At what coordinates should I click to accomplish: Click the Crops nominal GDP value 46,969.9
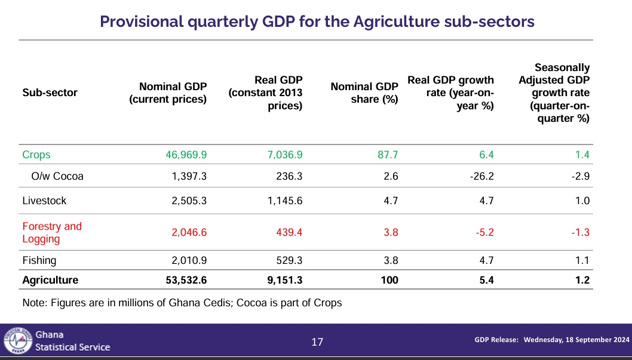coord(186,155)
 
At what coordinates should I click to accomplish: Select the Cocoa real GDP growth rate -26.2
coord(481,176)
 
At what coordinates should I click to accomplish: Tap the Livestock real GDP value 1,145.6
coord(285,201)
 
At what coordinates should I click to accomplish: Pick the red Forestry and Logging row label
coord(52,232)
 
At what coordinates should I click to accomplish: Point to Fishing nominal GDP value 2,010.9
coord(189,260)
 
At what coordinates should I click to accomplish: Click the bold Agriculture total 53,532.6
coord(186,280)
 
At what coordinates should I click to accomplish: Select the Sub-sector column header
coord(50,93)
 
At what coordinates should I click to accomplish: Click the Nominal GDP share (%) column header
coord(364,93)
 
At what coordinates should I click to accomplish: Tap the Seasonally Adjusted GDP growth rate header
coord(554,93)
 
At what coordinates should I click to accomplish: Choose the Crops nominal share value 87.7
coord(388,155)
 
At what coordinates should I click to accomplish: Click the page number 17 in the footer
coord(317,342)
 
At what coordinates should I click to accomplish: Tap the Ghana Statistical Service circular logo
coord(18,341)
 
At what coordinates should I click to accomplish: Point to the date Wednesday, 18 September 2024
coord(576,340)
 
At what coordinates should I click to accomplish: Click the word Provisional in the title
coord(142,21)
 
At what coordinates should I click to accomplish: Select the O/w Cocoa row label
coord(57,176)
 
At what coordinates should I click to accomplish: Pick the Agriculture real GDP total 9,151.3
coord(284,280)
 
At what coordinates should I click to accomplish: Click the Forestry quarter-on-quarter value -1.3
coord(581,232)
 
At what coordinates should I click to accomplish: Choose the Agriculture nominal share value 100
coord(389,280)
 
